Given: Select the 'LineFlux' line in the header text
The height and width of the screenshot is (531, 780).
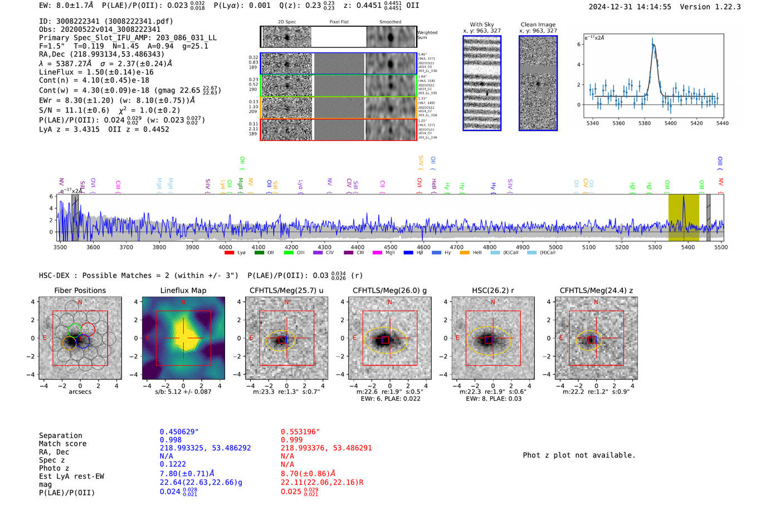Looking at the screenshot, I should tap(96, 72).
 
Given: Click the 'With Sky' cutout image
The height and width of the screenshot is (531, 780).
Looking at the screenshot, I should tap(482, 83).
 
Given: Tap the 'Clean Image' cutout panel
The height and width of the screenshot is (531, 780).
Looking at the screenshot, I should tap(538, 83).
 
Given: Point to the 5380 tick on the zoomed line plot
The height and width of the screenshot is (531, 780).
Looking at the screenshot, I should tap(645, 123).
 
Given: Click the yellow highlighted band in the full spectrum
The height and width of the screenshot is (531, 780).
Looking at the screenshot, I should tap(684, 217).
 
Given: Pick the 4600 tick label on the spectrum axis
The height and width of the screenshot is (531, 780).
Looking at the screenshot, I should tap(423, 247).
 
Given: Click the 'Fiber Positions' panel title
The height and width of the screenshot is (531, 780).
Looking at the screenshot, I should tap(80, 290).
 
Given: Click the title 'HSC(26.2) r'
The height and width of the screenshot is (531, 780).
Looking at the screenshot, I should tap(493, 290).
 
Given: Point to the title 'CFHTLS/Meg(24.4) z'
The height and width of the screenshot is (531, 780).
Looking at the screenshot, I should tap(596, 290).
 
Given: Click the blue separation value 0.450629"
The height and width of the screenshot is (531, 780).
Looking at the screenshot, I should tap(179, 432).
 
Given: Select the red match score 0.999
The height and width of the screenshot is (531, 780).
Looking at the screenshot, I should tap(292, 440).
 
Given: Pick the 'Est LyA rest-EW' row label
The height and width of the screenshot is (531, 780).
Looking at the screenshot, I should tap(71, 476).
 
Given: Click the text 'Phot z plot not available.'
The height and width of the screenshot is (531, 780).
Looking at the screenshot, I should tap(579, 455).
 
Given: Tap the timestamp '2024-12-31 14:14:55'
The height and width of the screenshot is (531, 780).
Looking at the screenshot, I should tap(630, 7).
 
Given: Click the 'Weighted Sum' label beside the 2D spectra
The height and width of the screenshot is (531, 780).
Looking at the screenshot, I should tap(427, 35).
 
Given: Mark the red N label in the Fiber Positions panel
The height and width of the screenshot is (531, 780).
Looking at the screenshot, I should tap(80, 302).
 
